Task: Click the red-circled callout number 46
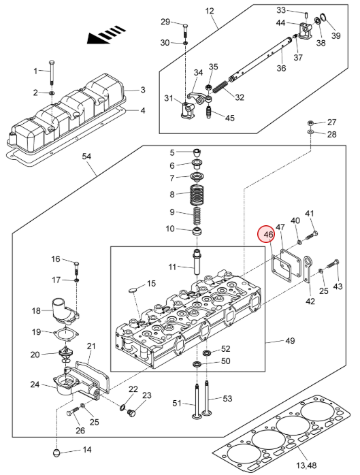(x=269, y=235)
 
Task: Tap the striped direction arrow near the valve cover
(x=106, y=35)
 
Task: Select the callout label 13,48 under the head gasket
(x=307, y=465)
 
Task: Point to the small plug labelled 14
(x=56, y=453)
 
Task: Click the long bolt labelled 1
(x=52, y=72)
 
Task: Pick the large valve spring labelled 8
(x=197, y=195)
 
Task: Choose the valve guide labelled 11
(x=197, y=263)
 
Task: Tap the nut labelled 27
(x=310, y=123)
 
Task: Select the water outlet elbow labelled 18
(x=66, y=309)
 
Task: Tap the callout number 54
(x=86, y=157)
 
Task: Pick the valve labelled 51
(x=197, y=401)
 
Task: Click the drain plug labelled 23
(x=131, y=412)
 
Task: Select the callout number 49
(x=290, y=341)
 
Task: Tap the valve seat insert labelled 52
(x=206, y=353)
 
